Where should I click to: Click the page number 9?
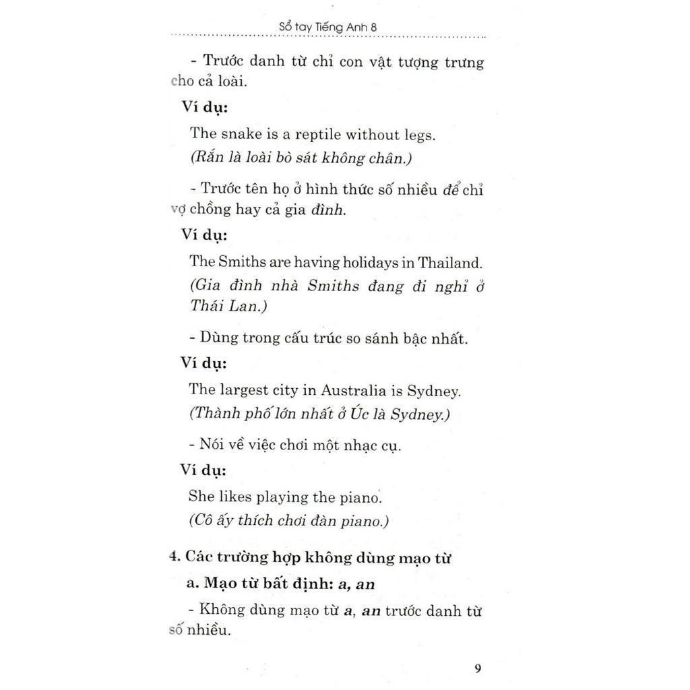[x=478, y=668]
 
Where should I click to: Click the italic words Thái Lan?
[x=223, y=306]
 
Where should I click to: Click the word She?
[x=201, y=497]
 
